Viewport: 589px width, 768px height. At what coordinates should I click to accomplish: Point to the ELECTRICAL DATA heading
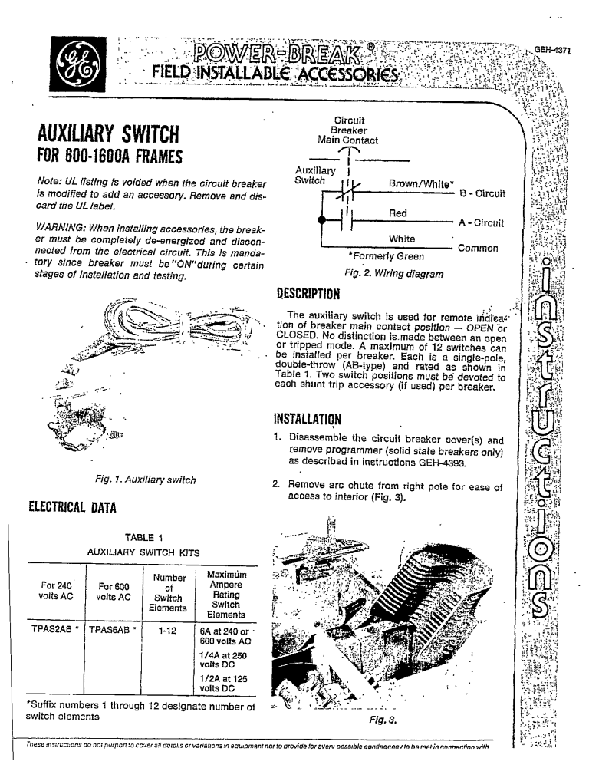pos(64,505)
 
